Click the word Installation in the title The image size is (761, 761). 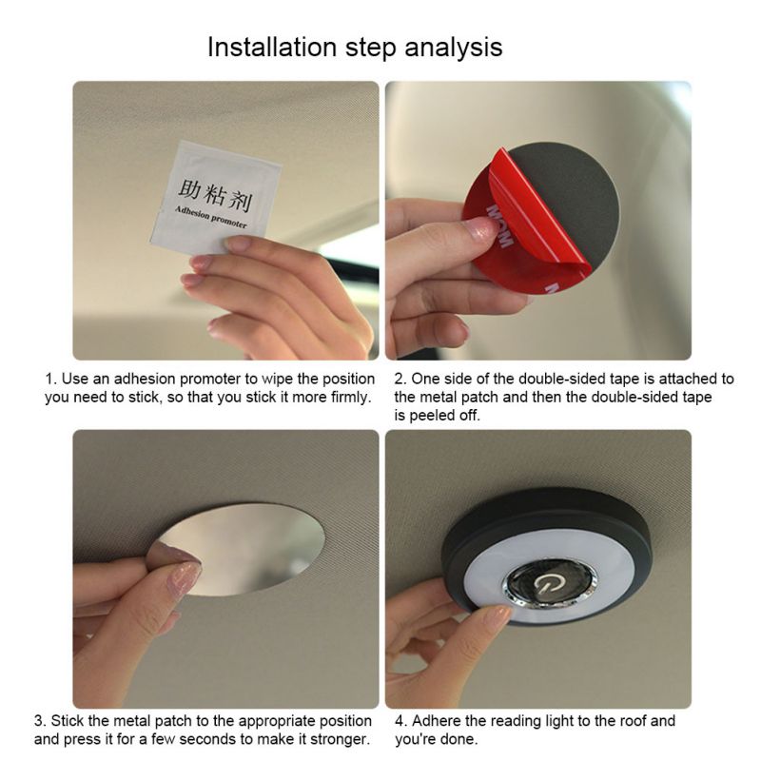[272, 48]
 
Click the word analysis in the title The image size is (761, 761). [454, 49]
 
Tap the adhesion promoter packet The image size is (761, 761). [216, 198]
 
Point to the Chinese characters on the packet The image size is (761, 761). [215, 195]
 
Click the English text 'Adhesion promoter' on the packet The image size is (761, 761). [210, 217]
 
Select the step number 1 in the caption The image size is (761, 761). [50, 379]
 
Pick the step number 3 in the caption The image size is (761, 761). [40, 721]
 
